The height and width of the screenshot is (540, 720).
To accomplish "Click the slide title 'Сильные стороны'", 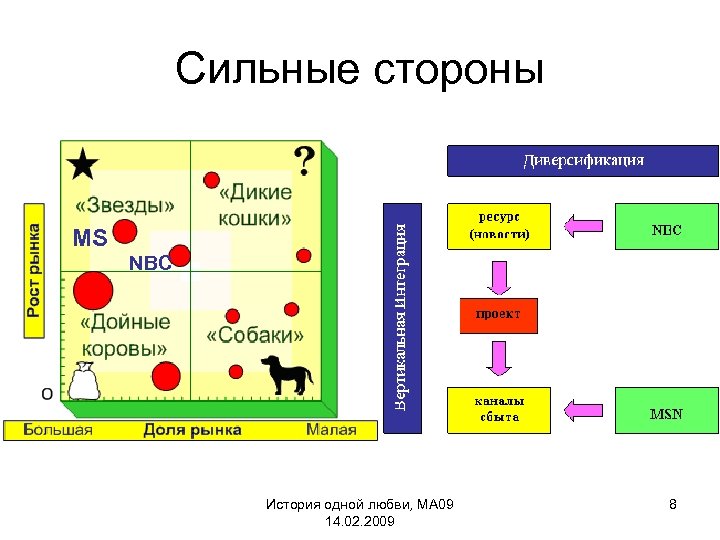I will [x=360, y=70].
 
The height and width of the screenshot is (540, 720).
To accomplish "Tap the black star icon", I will [x=83, y=164].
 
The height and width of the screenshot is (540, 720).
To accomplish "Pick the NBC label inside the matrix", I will [x=151, y=264].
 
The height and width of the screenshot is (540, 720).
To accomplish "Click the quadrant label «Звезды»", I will [x=129, y=204].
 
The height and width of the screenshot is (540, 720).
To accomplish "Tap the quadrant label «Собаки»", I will [x=255, y=335].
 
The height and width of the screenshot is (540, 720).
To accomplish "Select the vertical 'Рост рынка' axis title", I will [x=34, y=261].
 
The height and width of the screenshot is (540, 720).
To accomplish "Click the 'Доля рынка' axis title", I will [x=192, y=430].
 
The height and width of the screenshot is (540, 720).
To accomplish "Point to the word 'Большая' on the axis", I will [x=58, y=430].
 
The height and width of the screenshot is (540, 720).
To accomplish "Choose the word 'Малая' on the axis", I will [x=331, y=430].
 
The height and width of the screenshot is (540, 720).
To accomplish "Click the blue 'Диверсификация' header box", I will [x=582, y=160].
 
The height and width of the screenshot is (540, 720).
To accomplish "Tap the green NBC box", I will [x=667, y=230].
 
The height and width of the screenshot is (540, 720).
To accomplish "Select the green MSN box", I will [x=667, y=413].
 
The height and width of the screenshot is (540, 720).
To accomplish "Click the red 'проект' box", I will [x=497, y=314].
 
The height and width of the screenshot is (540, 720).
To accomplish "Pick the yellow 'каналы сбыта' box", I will [x=497, y=409].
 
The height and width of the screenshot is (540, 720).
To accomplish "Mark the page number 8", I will [x=673, y=505].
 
